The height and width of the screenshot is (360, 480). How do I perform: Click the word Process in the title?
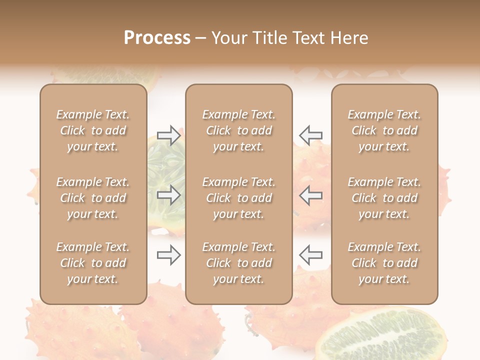(x=157, y=38)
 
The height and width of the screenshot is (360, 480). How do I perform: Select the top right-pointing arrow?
(x=168, y=135)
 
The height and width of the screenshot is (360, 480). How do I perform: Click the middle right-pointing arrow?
(x=168, y=194)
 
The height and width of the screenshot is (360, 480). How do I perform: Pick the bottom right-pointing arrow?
(x=168, y=255)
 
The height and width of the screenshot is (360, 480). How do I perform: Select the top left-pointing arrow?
(x=311, y=135)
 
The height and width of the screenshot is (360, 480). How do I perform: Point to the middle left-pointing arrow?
(x=311, y=194)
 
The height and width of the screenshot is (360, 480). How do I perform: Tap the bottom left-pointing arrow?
(x=311, y=255)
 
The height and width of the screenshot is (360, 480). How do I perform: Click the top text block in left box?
(x=93, y=130)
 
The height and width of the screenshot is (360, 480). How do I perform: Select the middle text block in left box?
(x=93, y=198)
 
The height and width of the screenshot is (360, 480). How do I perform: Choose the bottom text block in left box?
(x=93, y=263)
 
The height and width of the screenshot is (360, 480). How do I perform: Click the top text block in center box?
(x=238, y=130)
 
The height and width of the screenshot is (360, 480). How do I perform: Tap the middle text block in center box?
(x=238, y=198)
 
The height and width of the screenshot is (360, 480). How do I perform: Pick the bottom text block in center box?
(x=238, y=263)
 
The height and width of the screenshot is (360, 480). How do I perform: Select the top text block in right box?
(x=384, y=130)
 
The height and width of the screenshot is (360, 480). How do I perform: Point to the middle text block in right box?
(x=384, y=198)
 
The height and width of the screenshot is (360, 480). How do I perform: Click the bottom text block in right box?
(x=384, y=263)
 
